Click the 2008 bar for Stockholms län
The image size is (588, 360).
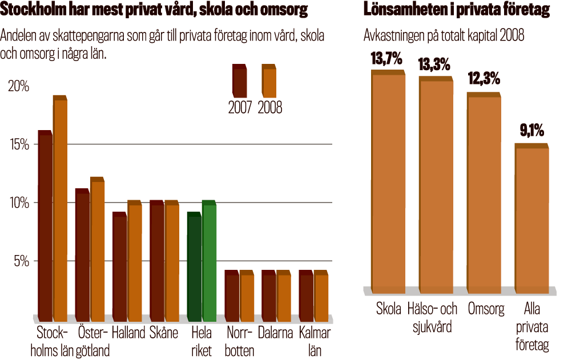tap(61, 208)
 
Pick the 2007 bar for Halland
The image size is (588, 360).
tap(119, 266)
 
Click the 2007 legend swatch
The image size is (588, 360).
tap(239, 82)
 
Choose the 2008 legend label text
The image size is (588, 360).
tap(269, 107)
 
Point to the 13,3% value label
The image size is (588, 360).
tap(434, 64)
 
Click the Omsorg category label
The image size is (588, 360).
tap(486, 310)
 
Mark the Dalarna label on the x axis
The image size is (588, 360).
tap(275, 333)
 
